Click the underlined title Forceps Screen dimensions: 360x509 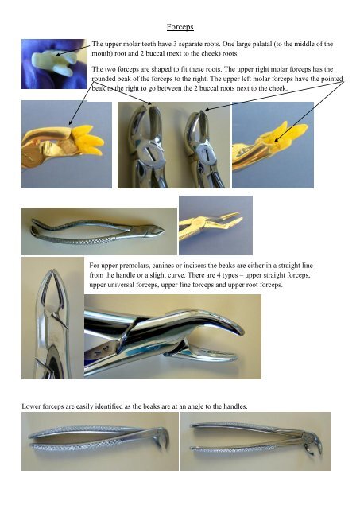(180, 26)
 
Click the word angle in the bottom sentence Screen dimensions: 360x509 (187, 406)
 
